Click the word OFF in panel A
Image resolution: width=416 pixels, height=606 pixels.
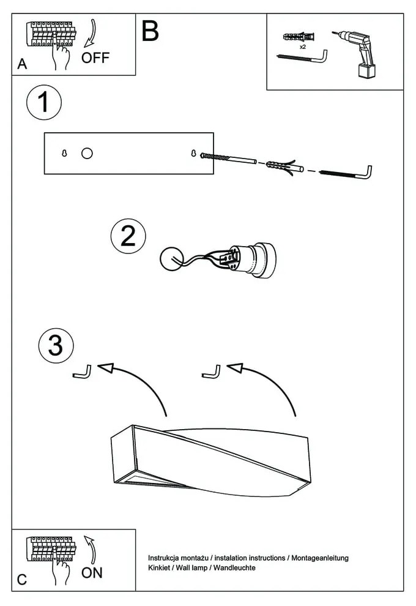95,58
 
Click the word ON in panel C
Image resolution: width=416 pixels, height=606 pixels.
92,573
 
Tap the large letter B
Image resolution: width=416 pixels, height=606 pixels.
150,31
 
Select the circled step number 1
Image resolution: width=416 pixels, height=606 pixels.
43,103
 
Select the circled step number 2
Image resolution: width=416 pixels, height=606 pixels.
128,236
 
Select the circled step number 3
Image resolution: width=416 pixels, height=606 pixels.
56,346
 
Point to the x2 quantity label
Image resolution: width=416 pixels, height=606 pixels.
303,47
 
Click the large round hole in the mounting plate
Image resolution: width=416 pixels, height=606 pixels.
87,154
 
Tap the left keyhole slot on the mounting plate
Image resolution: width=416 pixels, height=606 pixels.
65,154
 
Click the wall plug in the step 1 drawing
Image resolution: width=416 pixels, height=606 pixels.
283,166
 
